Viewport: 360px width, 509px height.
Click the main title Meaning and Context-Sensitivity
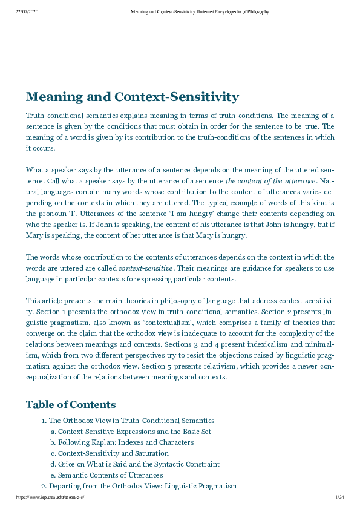coord(132,97)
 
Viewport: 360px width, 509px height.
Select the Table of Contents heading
coord(70,404)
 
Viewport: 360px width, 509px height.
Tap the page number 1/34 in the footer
coord(339,497)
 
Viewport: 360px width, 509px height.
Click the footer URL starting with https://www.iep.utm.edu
coord(50,497)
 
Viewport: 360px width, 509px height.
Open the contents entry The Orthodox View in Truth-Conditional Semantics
coord(131,421)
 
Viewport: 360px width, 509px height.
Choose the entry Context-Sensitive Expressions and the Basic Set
coord(134,432)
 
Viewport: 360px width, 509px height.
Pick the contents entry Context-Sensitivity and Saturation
coord(113,453)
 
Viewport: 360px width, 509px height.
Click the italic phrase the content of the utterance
coord(270,181)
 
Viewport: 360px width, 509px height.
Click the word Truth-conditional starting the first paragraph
coord(51,116)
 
